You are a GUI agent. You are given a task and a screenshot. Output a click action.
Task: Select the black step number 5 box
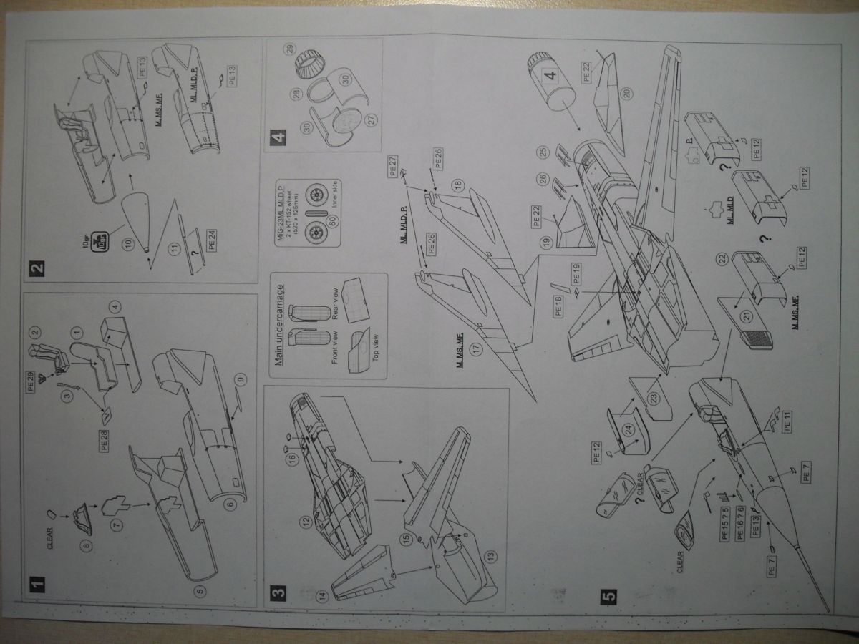pos(608,596)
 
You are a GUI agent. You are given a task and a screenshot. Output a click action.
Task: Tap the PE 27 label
pos(392,168)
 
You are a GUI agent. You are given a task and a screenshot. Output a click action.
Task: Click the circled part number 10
pos(128,244)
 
